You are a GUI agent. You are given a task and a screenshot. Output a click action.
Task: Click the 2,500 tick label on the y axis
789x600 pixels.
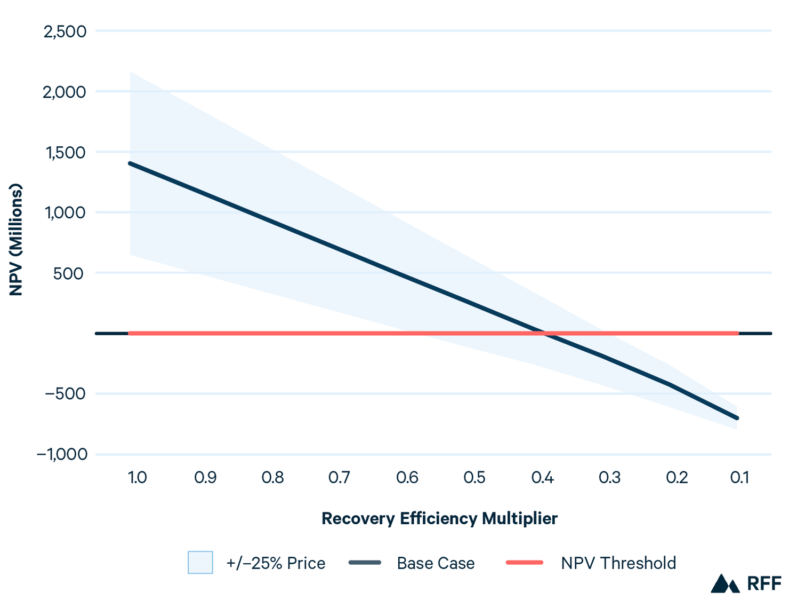click(65, 31)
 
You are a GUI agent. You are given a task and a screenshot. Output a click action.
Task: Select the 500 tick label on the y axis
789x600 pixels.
click(68, 273)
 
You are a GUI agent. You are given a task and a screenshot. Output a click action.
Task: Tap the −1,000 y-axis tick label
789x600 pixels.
click(62, 454)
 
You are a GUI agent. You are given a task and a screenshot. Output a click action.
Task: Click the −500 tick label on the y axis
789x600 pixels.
click(65, 394)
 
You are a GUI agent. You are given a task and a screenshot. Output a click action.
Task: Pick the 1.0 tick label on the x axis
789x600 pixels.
click(138, 477)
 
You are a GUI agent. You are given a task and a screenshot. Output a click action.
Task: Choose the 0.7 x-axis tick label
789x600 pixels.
click(340, 477)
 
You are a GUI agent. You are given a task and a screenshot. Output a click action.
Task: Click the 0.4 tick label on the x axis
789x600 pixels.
click(542, 477)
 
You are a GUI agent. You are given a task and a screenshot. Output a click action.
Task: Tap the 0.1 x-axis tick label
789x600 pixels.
click(739, 477)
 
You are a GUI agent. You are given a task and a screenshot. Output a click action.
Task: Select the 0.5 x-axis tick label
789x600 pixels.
click(474, 477)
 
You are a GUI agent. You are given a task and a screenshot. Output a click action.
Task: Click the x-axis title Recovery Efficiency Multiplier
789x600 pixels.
click(439, 518)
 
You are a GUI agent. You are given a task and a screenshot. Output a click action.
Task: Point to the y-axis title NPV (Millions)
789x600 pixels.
click(16, 240)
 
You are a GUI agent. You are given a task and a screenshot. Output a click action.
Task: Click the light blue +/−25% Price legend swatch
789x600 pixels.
click(200, 563)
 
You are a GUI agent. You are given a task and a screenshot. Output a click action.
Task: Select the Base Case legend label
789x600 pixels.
click(436, 563)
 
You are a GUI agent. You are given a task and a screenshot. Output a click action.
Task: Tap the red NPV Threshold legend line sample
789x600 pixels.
click(524, 563)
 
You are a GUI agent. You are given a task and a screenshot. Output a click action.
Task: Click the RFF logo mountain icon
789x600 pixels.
click(725, 583)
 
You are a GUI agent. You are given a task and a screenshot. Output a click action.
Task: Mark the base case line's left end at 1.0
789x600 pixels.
click(130, 163)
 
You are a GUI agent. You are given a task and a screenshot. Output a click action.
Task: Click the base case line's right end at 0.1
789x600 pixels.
click(737, 418)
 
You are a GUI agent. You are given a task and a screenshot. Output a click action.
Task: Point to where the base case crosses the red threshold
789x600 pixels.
click(544, 333)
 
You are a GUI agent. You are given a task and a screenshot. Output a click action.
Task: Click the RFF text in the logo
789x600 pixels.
click(764, 583)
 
